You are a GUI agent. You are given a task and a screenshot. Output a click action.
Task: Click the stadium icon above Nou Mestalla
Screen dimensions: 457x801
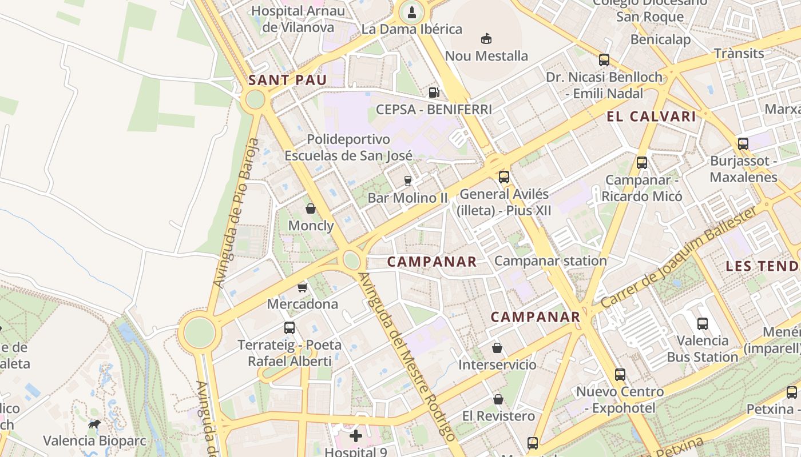pyautogui.click(x=486, y=38)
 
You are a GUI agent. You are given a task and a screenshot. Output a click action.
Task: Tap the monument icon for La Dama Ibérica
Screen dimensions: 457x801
pyautogui.click(x=411, y=11)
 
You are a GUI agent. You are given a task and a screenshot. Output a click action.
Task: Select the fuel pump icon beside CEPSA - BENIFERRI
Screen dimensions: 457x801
pyautogui.click(x=434, y=92)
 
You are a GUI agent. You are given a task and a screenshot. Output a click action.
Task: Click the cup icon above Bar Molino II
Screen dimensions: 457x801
pyautogui.click(x=407, y=181)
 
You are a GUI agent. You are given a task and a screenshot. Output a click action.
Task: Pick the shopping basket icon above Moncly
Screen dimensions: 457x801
pyautogui.click(x=311, y=209)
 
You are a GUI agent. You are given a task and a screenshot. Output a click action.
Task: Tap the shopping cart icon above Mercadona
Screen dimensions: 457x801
pyautogui.click(x=302, y=287)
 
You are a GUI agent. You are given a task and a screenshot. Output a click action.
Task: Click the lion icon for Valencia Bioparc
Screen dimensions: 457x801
pyautogui.click(x=94, y=424)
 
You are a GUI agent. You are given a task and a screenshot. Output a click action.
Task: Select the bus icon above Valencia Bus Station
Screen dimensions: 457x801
pyautogui.click(x=703, y=324)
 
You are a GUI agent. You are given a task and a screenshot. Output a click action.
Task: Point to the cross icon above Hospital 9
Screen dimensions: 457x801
pyautogui.click(x=356, y=436)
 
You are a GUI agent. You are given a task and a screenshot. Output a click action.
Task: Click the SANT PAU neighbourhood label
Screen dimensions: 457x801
pyautogui.click(x=287, y=80)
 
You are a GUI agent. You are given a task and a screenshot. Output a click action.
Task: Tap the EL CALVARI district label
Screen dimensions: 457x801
pyautogui.click(x=651, y=117)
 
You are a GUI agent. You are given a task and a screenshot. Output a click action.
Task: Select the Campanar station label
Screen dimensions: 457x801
pyautogui.click(x=550, y=261)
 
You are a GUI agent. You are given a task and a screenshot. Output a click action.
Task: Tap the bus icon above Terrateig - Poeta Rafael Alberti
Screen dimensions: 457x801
pyautogui.click(x=290, y=328)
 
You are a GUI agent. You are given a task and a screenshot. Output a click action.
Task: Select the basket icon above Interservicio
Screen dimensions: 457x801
pyautogui.click(x=497, y=348)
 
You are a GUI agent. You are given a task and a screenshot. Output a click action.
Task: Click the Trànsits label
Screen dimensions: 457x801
pyautogui.click(x=739, y=54)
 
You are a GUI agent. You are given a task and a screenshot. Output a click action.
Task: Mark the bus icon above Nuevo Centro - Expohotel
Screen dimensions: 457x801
pyautogui.click(x=620, y=375)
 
